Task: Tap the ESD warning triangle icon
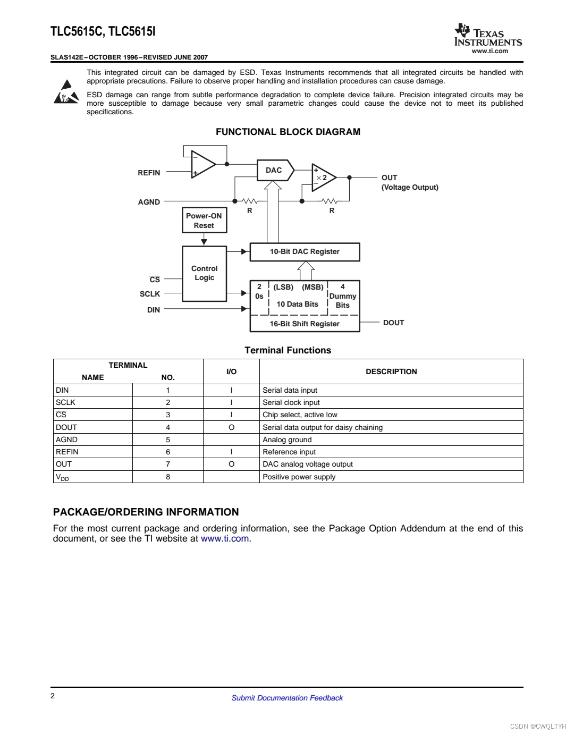(x=66, y=92)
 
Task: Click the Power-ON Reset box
(x=204, y=221)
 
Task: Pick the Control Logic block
(x=204, y=273)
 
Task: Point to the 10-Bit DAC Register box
(x=305, y=252)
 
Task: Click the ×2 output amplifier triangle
(x=323, y=178)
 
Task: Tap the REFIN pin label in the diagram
(x=149, y=173)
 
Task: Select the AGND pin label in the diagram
(x=149, y=202)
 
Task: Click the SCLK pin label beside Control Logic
(x=150, y=294)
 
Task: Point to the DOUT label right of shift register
(x=393, y=323)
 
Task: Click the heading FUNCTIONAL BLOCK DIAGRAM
(x=288, y=132)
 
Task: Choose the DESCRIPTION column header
(x=391, y=371)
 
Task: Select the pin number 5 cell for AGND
(x=168, y=440)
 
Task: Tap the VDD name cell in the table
(x=63, y=477)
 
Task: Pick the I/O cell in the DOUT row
(x=231, y=427)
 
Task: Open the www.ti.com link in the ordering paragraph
(x=225, y=538)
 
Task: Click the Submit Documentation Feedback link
(x=287, y=698)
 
